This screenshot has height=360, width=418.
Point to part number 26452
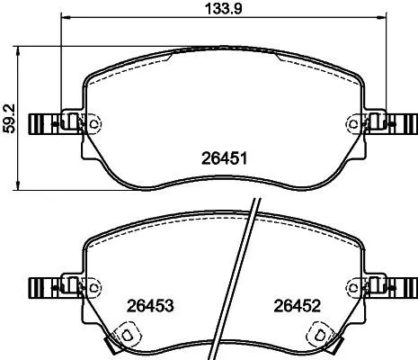[298, 306]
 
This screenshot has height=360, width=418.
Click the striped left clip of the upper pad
[42, 122]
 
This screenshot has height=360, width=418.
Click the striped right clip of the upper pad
[404, 122]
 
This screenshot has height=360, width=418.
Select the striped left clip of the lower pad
[42, 286]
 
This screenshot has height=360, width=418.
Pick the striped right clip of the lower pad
[404, 286]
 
